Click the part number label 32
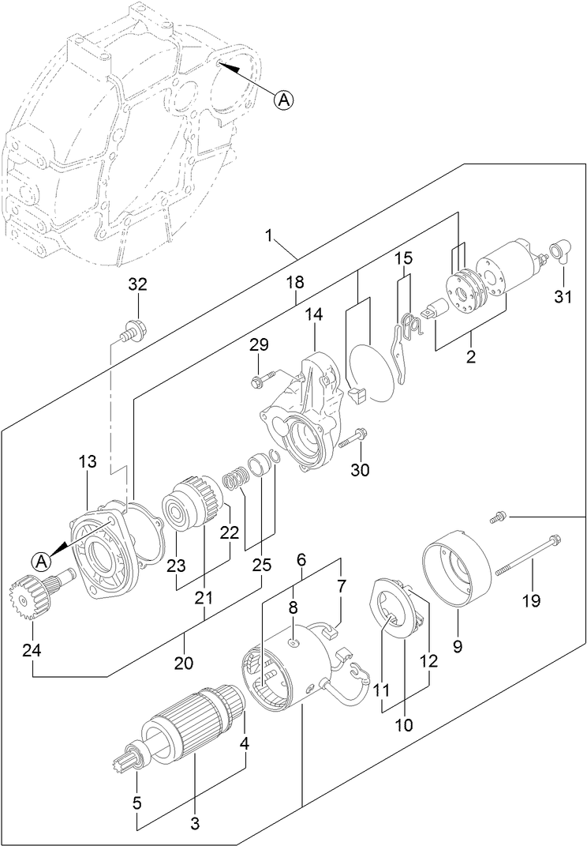click(x=137, y=284)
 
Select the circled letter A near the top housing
click(x=285, y=100)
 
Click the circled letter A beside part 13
click(x=43, y=560)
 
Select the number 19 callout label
click(x=531, y=601)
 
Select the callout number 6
click(x=301, y=559)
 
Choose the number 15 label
click(x=403, y=258)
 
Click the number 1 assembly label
click(x=269, y=235)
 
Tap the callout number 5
click(x=138, y=804)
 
